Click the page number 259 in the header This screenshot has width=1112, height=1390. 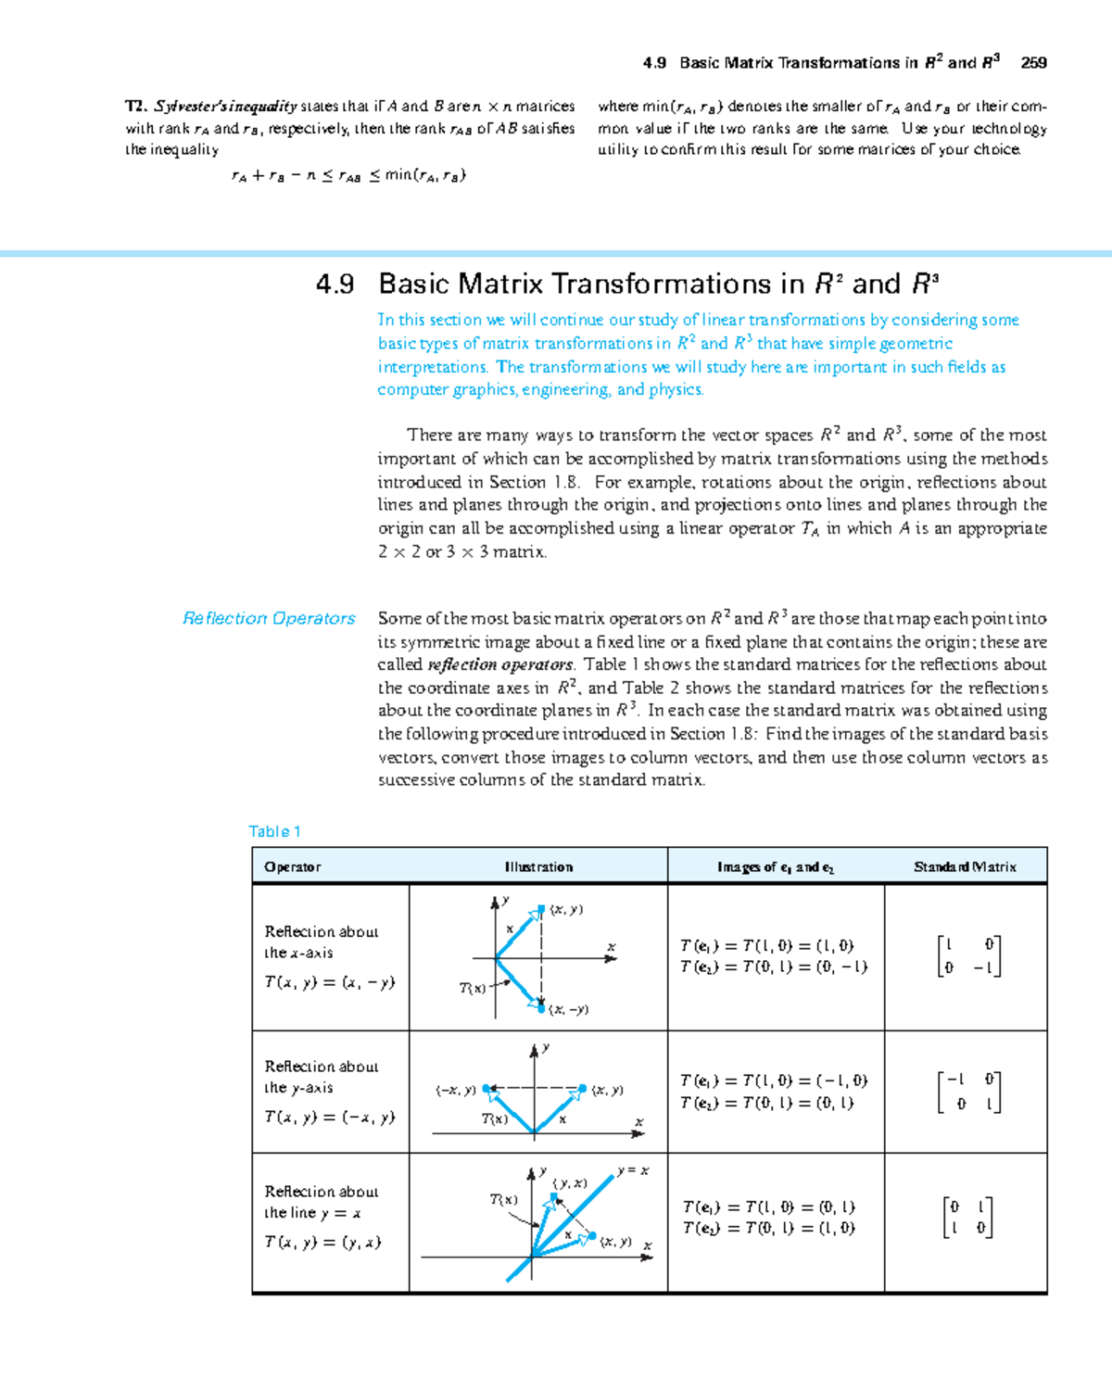(x=1033, y=63)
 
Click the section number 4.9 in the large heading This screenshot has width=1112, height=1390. (x=335, y=284)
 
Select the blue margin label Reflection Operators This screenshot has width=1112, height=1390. (x=269, y=618)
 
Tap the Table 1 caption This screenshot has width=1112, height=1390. (x=274, y=831)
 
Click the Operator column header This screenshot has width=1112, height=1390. (x=292, y=866)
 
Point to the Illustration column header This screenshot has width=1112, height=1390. (x=538, y=866)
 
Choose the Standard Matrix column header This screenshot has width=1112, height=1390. (x=965, y=866)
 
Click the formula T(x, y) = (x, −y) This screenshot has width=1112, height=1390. (x=329, y=982)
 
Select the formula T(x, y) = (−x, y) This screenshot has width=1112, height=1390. (x=329, y=1118)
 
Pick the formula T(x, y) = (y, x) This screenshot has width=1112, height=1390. (x=322, y=1243)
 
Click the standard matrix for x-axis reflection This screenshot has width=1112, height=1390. (x=968, y=956)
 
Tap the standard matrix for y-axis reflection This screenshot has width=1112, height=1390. (x=968, y=1092)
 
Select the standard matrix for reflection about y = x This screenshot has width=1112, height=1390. (x=967, y=1218)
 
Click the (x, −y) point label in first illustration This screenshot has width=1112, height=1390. (x=568, y=1009)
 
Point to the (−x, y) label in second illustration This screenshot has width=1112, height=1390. (x=455, y=1091)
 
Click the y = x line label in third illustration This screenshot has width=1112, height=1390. (x=633, y=1170)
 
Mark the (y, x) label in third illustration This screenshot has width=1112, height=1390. (x=570, y=1183)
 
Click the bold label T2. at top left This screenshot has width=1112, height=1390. (x=136, y=107)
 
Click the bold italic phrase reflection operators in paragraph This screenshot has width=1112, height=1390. (x=500, y=664)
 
